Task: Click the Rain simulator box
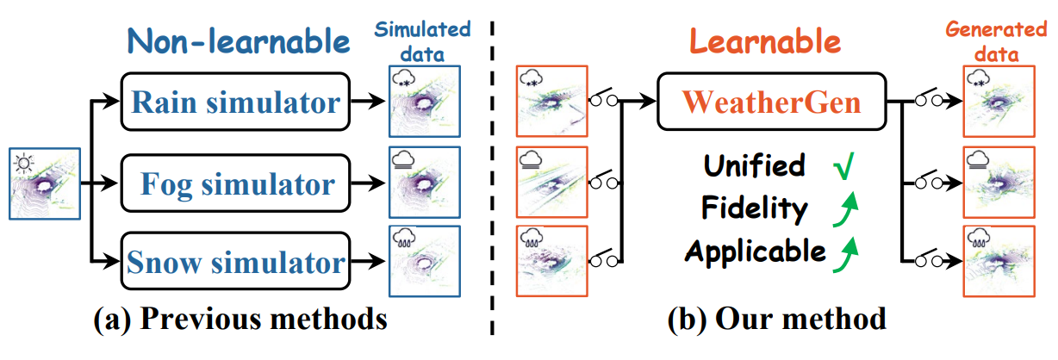click(x=235, y=101)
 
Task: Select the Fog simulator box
click(x=235, y=183)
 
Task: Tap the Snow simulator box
click(x=235, y=261)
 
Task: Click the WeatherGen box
click(x=771, y=101)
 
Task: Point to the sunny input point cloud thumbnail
click(x=45, y=183)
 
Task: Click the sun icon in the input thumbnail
click(x=23, y=164)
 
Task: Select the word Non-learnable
click(x=239, y=41)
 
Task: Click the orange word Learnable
click(x=765, y=41)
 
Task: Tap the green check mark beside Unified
click(x=844, y=166)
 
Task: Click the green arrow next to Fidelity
click(x=845, y=209)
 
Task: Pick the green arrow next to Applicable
click(x=845, y=255)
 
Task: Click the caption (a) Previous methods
click(x=240, y=320)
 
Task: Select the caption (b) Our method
click(x=777, y=320)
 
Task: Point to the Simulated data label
click(x=423, y=41)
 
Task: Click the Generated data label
click(x=997, y=41)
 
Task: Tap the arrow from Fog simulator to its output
click(x=368, y=183)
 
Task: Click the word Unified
click(x=755, y=166)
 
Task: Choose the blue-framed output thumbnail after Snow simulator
click(x=425, y=261)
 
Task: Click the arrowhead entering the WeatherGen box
click(x=648, y=101)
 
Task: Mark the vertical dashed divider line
click(x=492, y=178)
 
